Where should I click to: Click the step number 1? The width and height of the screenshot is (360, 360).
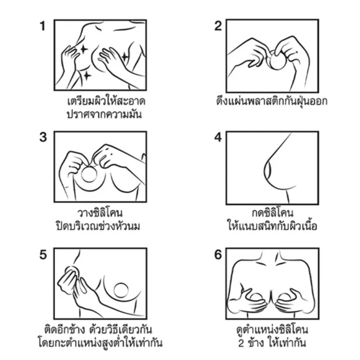pyautogui.click(x=43, y=26)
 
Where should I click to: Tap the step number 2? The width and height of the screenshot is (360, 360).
pyautogui.click(x=218, y=26)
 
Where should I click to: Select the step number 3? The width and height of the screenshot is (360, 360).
pyautogui.click(x=43, y=137)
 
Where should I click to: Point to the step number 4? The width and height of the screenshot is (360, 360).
pyautogui.click(x=218, y=137)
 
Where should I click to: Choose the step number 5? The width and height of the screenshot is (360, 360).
pyautogui.click(x=43, y=255)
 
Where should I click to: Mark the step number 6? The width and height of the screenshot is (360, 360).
pyautogui.click(x=218, y=255)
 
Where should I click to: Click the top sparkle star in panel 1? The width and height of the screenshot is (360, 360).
pyautogui.click(x=84, y=49)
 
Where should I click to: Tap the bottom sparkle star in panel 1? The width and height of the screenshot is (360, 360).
pyautogui.click(x=87, y=76)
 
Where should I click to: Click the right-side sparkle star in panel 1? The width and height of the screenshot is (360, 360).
pyautogui.click(x=125, y=57)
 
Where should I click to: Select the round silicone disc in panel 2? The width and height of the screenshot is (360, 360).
pyautogui.click(x=277, y=61)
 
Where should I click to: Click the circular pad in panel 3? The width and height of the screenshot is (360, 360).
pyautogui.click(x=90, y=174)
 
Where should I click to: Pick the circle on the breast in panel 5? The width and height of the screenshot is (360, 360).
pyautogui.click(x=121, y=290)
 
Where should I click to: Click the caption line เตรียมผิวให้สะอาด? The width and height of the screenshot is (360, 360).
pyautogui.click(x=106, y=101)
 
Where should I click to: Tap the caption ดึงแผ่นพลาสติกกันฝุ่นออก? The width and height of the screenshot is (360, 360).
pyautogui.click(x=272, y=101)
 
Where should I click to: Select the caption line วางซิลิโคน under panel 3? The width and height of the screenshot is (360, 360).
pyautogui.click(x=100, y=213)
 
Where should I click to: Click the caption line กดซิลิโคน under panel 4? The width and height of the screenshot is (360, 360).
pyautogui.click(x=272, y=213)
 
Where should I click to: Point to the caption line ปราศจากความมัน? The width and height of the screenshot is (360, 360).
pyautogui.click(x=104, y=114)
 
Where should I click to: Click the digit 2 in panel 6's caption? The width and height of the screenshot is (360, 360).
pyautogui.click(x=241, y=343)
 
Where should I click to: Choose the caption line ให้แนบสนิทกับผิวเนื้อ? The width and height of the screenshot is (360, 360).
pyautogui.click(x=272, y=226)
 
